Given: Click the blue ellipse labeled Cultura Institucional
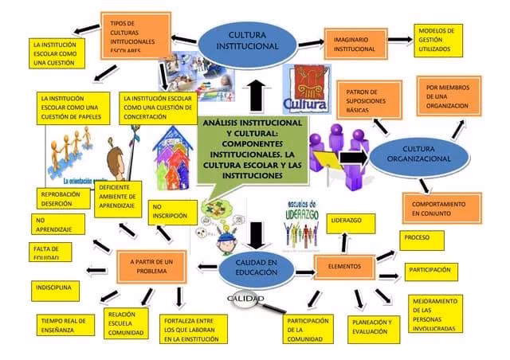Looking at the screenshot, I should pyautogui.click(x=247, y=41).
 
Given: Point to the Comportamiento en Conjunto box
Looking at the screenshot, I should pyautogui.click(x=437, y=209).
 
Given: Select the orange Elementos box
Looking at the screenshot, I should pyautogui.click(x=344, y=266).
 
